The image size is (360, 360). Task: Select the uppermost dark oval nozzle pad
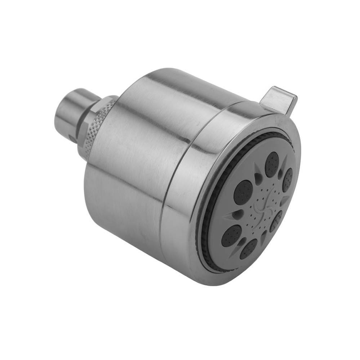pyautogui.click(x=272, y=164)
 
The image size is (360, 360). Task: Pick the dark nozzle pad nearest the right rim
pyautogui.click(x=287, y=180)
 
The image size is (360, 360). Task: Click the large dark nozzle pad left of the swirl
pyautogui.click(x=243, y=192)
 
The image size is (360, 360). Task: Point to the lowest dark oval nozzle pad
pyautogui.click(x=248, y=249)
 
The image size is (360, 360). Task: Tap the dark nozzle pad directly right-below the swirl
pyautogui.click(x=276, y=221)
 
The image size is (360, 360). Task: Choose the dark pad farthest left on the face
pyautogui.click(x=231, y=236)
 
